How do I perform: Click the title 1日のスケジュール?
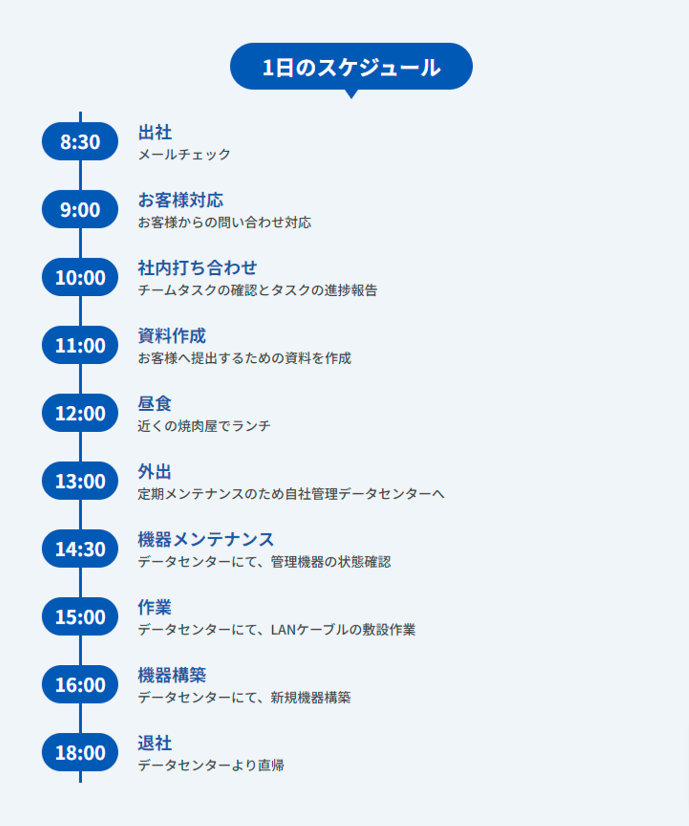coord(351,67)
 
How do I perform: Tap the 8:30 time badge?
coord(80,142)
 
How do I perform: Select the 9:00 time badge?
coord(80,210)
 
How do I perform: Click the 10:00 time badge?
coord(80,278)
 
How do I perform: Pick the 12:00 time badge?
coord(80,413)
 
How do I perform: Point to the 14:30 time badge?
coord(80,549)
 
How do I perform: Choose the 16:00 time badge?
coord(80,685)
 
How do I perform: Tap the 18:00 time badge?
coord(80,753)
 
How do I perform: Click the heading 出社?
coord(155,133)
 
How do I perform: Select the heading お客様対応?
coord(180,201)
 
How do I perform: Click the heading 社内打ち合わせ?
coord(197,268)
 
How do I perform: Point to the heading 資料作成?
coord(172,336)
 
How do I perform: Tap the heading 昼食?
coord(155,404)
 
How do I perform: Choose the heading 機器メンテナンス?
coord(206,540)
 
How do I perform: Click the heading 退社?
coord(155,743)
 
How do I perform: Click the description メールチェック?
coord(184,155)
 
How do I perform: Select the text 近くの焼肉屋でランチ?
coord(204,426)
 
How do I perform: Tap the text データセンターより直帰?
coord(211,765)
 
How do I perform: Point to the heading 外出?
coord(155,472)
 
